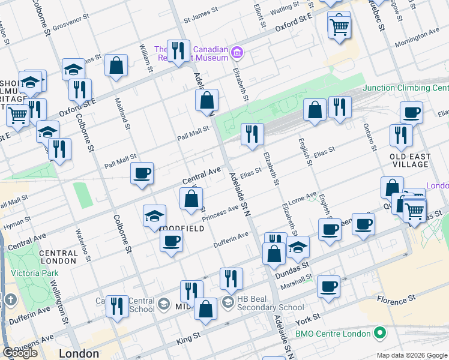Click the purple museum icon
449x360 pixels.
tap(237, 53)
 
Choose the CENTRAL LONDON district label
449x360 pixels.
tap(58, 257)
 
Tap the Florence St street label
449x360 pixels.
tap(396, 298)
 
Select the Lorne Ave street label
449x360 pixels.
tap(303, 197)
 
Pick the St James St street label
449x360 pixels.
tap(200, 19)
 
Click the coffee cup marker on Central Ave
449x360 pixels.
tap(142, 174)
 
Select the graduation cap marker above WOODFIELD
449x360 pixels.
tap(155, 217)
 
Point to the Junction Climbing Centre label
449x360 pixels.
tap(405, 88)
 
